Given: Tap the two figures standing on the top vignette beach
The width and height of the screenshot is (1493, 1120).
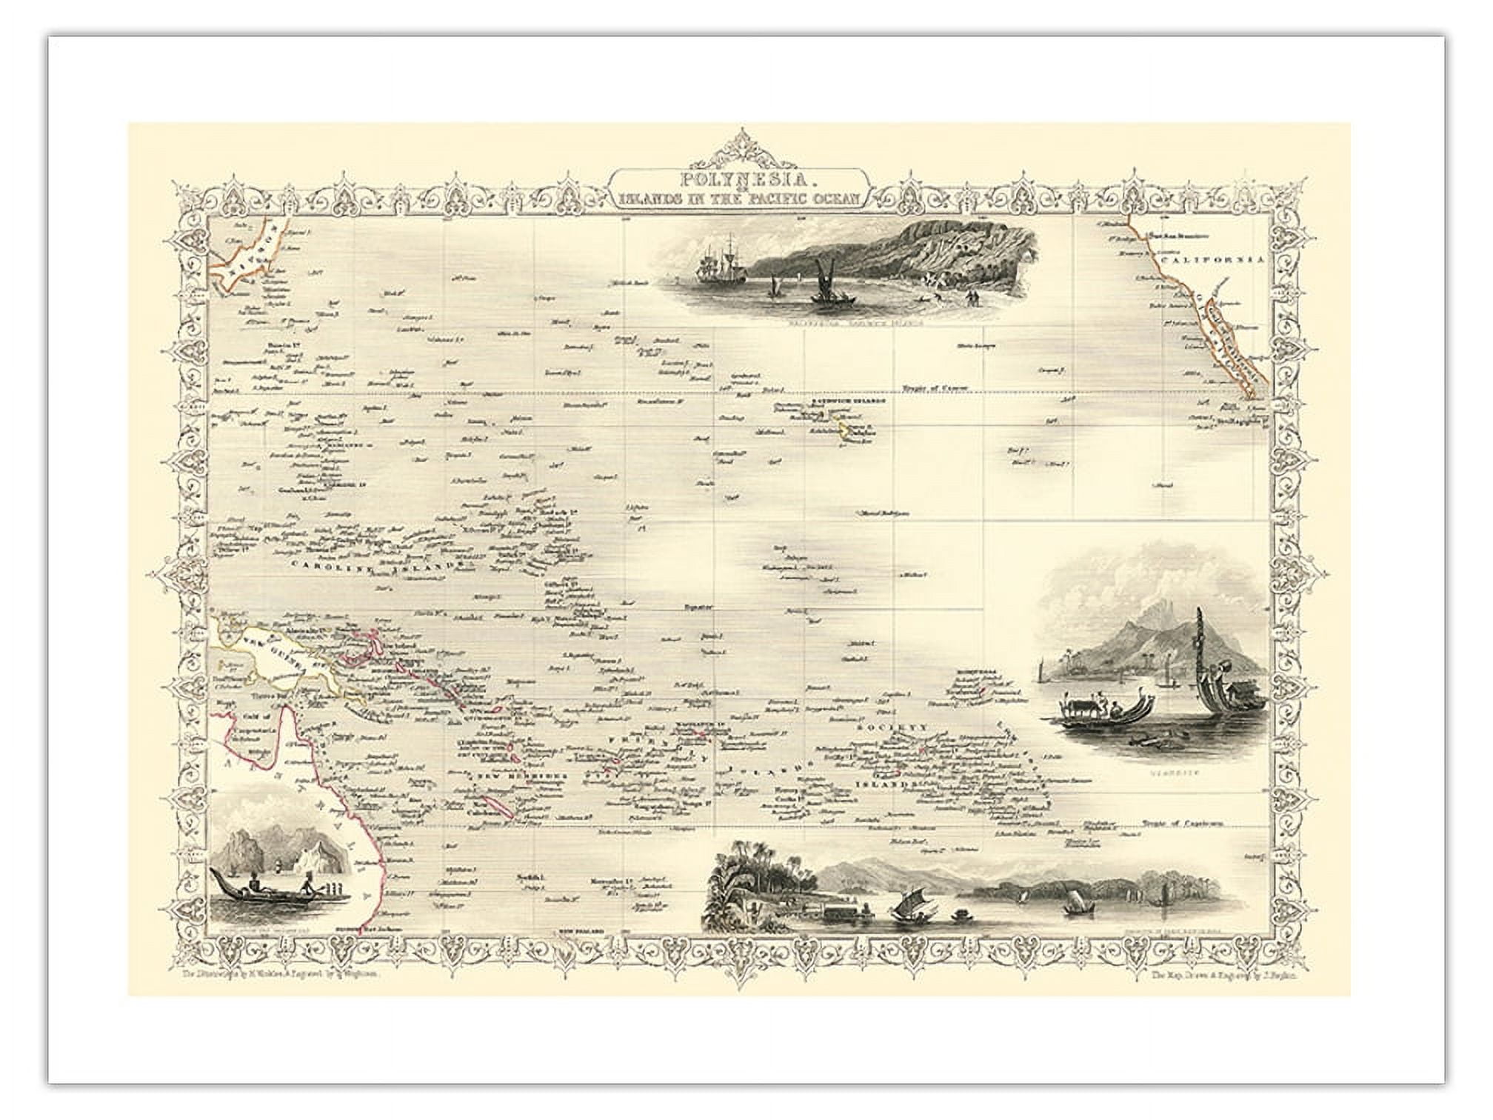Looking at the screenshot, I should [x=972, y=298].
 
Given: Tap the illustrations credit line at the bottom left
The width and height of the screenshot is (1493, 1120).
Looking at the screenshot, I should [x=281, y=976].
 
